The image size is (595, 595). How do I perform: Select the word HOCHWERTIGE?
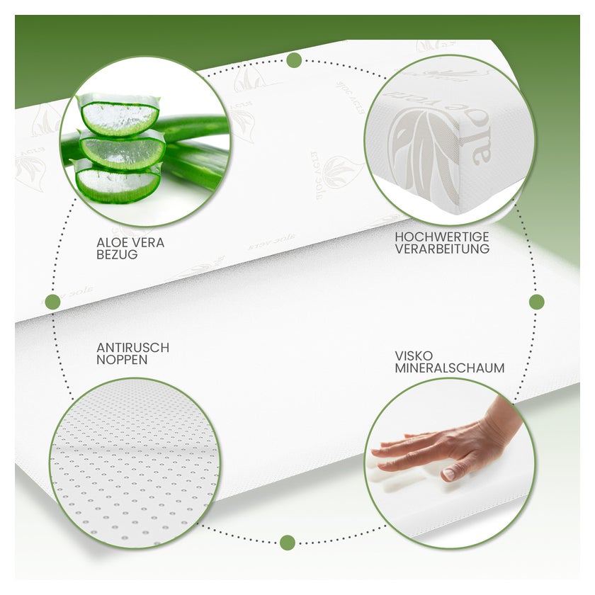click(442, 237)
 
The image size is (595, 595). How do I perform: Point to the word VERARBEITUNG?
click(442, 249)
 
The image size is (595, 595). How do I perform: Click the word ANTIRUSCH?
click(133, 348)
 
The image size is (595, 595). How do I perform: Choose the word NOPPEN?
click(122, 360)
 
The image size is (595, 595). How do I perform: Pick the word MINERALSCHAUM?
click(450, 368)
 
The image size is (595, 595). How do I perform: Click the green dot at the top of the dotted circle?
click(294, 60)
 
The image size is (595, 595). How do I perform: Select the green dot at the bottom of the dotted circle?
click(288, 543)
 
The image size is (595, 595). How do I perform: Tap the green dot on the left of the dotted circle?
click(52, 302)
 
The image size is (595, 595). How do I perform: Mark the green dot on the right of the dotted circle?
click(537, 302)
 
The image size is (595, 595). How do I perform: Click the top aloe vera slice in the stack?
click(118, 115)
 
